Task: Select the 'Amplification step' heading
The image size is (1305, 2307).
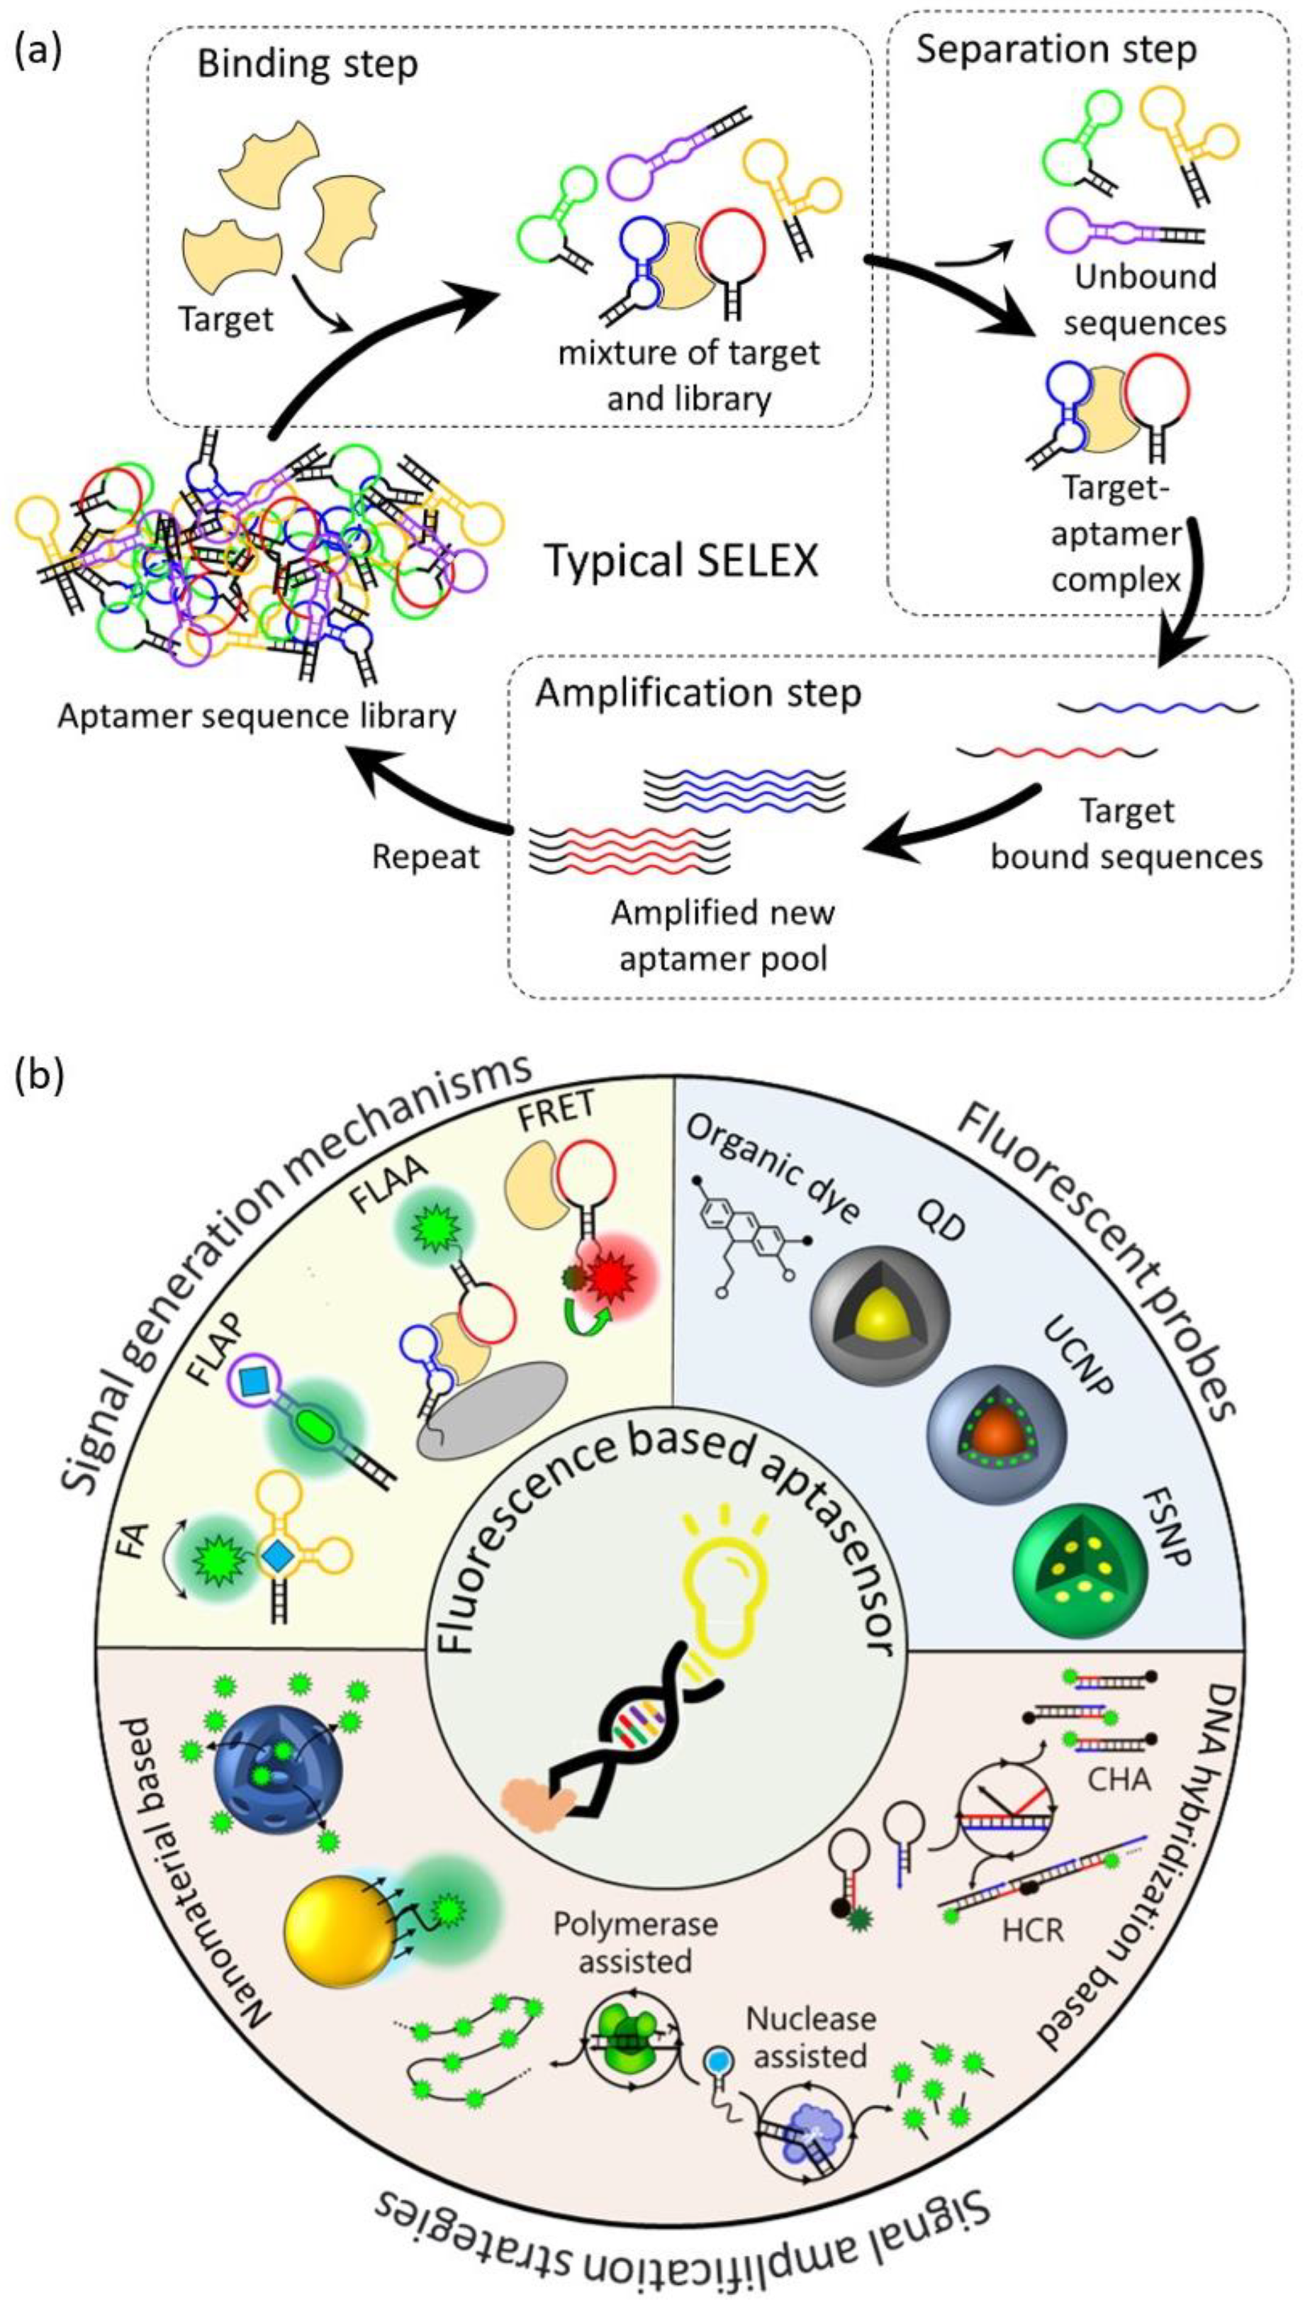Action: click(x=698, y=693)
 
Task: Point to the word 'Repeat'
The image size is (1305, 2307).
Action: click(x=425, y=856)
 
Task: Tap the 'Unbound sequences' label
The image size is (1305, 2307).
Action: click(x=1144, y=298)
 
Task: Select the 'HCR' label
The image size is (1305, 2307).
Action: click(x=1032, y=1954)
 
